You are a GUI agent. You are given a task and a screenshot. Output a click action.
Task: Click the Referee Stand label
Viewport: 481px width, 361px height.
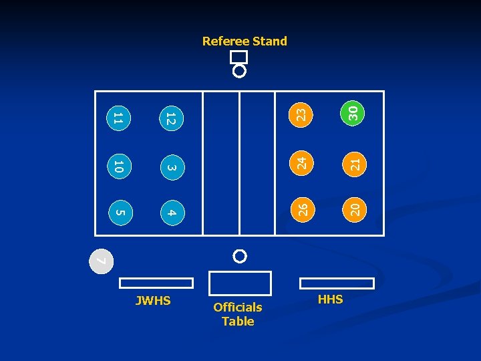click(x=245, y=41)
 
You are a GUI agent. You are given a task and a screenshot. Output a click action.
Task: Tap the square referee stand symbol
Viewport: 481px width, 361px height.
click(x=238, y=57)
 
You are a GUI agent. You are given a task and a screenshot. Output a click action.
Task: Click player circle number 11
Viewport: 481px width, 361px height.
click(x=117, y=119)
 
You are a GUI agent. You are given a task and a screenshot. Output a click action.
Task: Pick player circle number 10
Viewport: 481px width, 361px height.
click(x=117, y=166)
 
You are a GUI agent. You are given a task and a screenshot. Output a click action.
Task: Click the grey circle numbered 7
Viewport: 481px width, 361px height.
click(x=100, y=260)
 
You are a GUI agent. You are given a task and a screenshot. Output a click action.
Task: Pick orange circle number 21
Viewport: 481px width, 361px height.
click(x=355, y=162)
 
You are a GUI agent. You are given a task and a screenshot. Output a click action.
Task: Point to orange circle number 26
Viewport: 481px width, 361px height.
click(x=301, y=209)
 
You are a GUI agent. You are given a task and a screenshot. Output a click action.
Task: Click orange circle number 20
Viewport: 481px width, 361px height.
click(x=355, y=209)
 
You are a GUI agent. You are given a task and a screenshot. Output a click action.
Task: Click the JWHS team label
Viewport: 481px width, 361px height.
click(x=153, y=301)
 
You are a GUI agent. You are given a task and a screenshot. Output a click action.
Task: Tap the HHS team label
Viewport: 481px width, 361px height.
click(x=330, y=299)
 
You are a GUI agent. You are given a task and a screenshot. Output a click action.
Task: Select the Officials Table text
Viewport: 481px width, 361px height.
click(x=238, y=314)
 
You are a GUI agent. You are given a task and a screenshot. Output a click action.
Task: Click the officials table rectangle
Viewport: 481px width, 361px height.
click(x=240, y=283)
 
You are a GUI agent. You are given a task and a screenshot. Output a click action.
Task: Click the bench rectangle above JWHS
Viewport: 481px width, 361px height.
click(x=157, y=283)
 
